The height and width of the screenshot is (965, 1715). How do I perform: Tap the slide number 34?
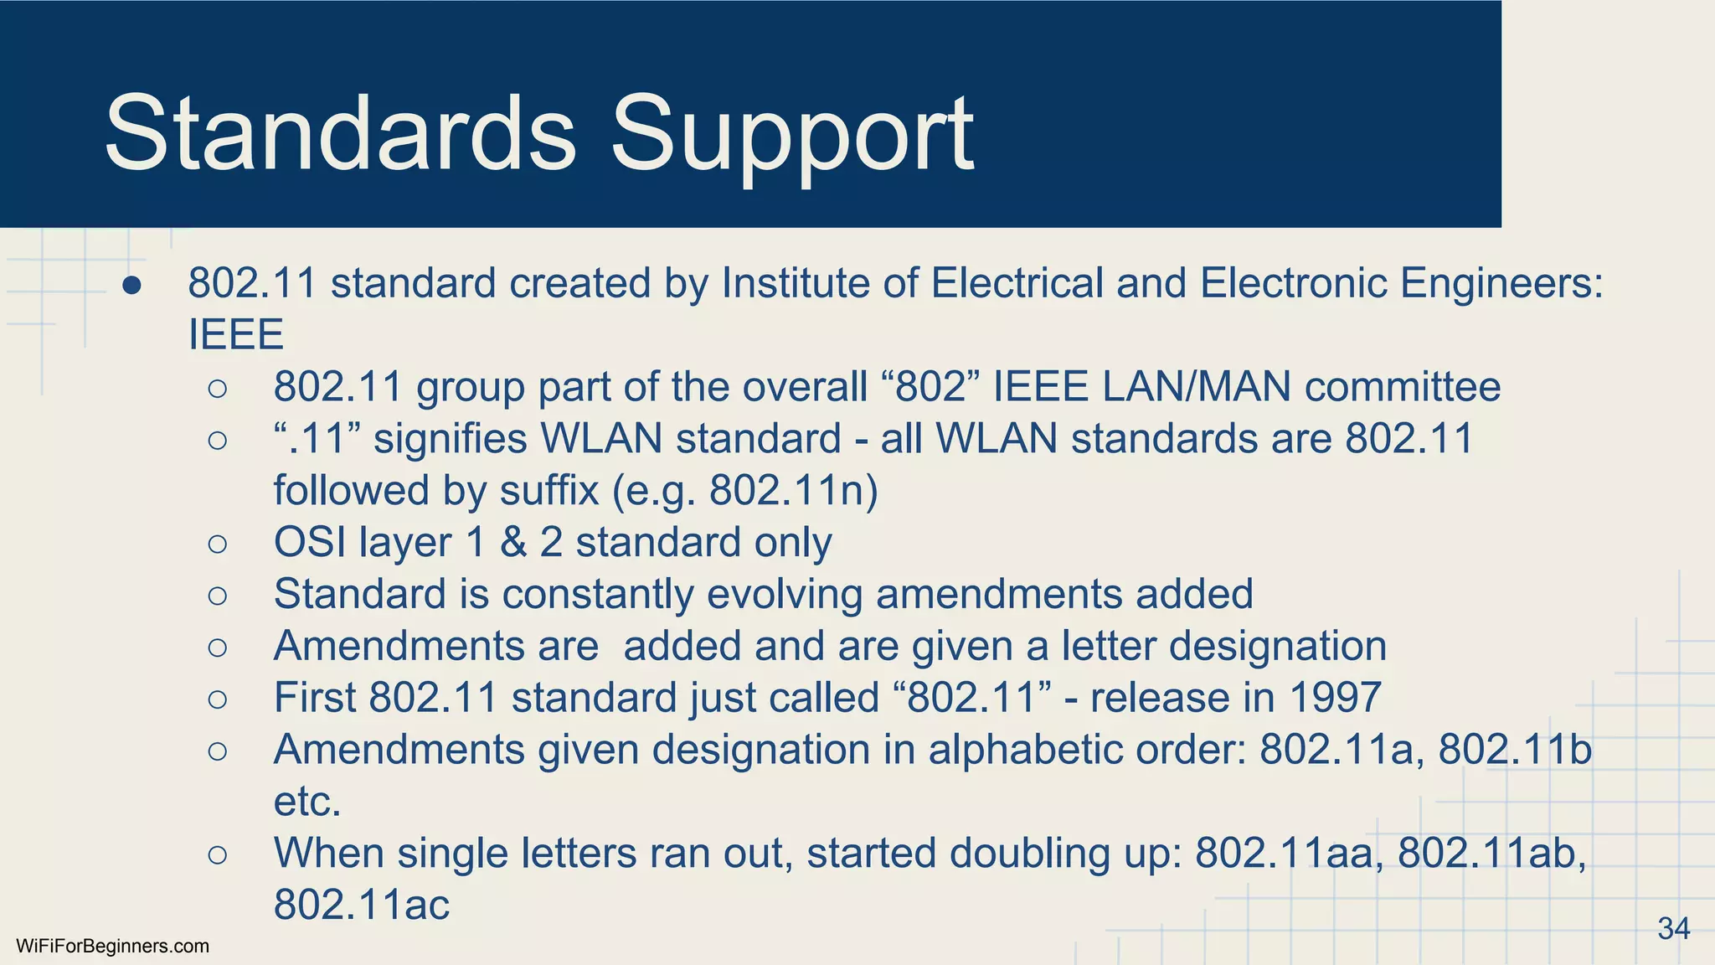[1673, 928]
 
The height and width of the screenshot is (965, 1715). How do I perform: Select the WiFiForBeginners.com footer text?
[112, 947]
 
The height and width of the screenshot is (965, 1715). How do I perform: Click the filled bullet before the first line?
[131, 286]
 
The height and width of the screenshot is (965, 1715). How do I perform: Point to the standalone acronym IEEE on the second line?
[236, 335]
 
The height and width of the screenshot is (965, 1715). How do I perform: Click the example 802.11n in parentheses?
[787, 491]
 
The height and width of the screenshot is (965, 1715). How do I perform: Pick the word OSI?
[310, 542]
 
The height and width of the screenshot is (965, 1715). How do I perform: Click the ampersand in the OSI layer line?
[513, 542]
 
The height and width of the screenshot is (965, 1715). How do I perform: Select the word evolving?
[785, 595]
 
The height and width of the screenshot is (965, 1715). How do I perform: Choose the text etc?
[307, 802]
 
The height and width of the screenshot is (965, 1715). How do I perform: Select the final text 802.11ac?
[362, 906]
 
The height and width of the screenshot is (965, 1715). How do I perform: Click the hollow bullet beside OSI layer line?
[218, 544]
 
